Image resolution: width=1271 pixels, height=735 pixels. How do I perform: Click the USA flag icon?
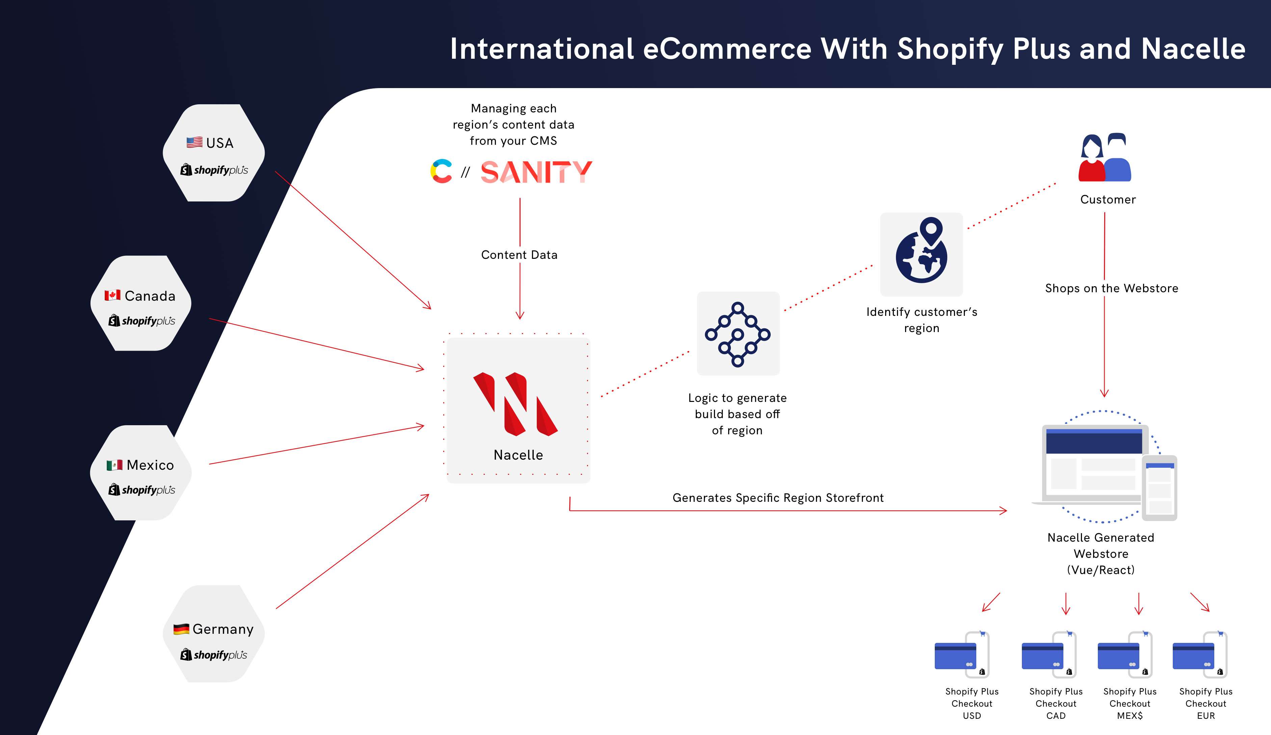[194, 143]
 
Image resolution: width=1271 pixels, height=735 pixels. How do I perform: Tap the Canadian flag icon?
[112, 295]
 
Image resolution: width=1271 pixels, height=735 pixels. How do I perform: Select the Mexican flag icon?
[114, 465]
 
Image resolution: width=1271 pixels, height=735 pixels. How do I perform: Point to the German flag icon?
[181, 629]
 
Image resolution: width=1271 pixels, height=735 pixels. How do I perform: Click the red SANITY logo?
[536, 172]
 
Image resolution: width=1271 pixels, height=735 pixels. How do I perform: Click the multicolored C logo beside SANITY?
[441, 171]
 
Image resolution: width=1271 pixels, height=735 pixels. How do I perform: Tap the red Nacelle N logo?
[515, 404]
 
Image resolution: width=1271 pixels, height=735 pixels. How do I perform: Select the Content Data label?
[519, 254]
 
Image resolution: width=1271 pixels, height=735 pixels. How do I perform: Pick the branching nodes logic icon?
[737, 334]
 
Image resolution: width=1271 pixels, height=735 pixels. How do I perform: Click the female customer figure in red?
[1091, 158]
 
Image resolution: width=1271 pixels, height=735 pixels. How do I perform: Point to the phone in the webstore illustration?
[1160, 488]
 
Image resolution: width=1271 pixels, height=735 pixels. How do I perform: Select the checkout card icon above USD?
[962, 654]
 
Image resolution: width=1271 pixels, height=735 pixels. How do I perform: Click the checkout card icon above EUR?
[1200, 654]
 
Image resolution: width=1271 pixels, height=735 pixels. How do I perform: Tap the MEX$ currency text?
[1130, 715]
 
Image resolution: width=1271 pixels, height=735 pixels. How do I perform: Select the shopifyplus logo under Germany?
[214, 654]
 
